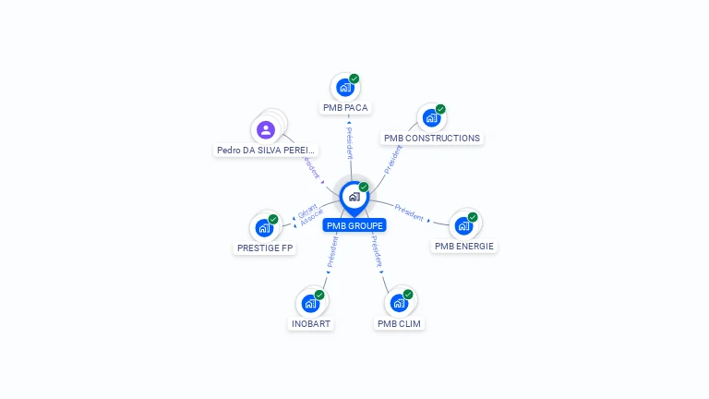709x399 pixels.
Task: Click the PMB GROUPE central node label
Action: (x=354, y=225)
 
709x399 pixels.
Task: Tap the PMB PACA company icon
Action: (x=345, y=88)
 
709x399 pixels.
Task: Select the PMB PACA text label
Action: (x=345, y=108)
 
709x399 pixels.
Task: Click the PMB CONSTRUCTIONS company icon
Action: (x=431, y=118)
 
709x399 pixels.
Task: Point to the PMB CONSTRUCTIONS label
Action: (x=432, y=139)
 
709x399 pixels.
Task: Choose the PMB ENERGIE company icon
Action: (x=463, y=225)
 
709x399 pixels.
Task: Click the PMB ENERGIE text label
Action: (x=464, y=247)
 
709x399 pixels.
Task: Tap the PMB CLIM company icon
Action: (x=399, y=302)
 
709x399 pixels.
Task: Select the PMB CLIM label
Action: (x=400, y=324)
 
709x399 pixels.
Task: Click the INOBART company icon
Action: (x=310, y=302)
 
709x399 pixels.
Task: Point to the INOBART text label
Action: (x=311, y=324)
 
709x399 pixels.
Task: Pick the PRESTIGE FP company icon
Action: (x=264, y=227)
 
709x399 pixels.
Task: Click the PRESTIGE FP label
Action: (x=265, y=248)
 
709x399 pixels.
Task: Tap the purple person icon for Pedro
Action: (x=266, y=129)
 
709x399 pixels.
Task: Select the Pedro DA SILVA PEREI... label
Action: (x=266, y=150)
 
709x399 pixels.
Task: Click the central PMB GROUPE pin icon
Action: (x=354, y=196)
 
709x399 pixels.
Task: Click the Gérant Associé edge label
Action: (x=309, y=214)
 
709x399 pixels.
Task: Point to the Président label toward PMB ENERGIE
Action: (x=409, y=212)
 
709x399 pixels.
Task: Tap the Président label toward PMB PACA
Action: (x=349, y=144)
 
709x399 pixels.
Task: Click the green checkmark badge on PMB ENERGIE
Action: (x=473, y=217)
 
